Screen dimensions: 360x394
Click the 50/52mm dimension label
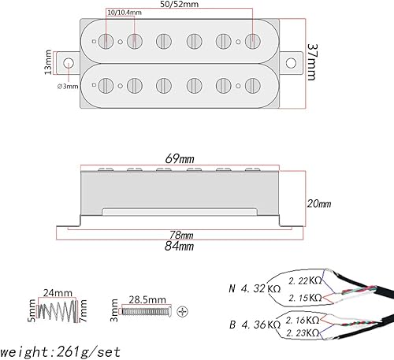tap(179, 6)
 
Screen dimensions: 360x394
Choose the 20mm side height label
tap(318, 203)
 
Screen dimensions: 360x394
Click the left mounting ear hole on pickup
tap(69, 62)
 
